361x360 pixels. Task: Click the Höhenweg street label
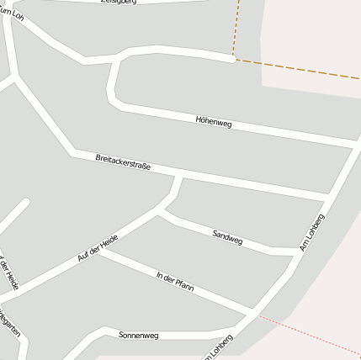coord(212,124)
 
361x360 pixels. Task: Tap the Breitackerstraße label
coord(123,161)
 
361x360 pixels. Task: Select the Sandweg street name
coord(227,238)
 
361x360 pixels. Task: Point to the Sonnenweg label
coord(138,334)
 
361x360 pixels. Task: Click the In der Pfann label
coord(175,282)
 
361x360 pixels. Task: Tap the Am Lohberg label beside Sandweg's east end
coord(312,232)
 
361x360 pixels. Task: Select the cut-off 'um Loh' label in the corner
coord(12,11)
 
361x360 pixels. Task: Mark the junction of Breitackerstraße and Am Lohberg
coord(326,199)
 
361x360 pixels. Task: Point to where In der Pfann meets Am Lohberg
coord(250,313)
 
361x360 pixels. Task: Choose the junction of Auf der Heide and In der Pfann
coord(97,250)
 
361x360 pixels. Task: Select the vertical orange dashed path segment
coord(236,29)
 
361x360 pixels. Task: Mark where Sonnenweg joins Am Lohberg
coord(236,327)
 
